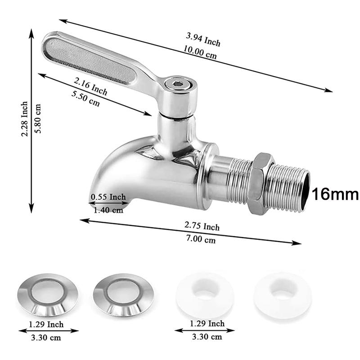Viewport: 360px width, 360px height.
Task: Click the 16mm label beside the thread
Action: (x=335, y=194)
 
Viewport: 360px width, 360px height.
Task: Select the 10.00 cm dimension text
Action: (x=200, y=52)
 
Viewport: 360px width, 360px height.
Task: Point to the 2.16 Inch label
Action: (x=90, y=86)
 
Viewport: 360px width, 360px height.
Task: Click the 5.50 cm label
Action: (x=85, y=99)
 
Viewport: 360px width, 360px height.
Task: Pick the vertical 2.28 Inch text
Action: (x=24, y=119)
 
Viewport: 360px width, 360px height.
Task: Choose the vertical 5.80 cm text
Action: (x=37, y=118)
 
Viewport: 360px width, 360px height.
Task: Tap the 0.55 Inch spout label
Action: (x=108, y=197)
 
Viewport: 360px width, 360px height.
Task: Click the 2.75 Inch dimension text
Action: (x=202, y=226)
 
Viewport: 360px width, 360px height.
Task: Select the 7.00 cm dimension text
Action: (x=201, y=239)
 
